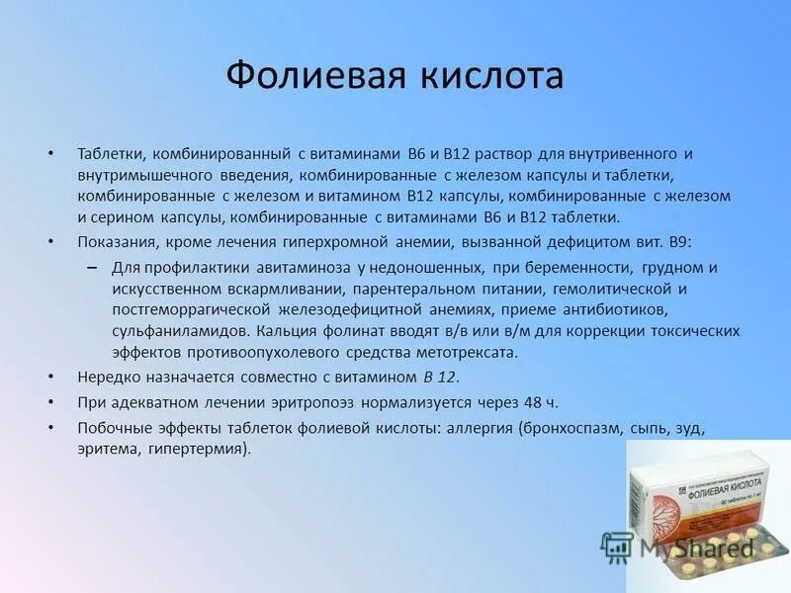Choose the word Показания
115,242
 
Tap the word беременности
581,268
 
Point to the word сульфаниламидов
166,331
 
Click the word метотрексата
471,352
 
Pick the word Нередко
106,378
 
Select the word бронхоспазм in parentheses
566,428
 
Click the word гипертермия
198,449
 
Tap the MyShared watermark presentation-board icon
617,546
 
